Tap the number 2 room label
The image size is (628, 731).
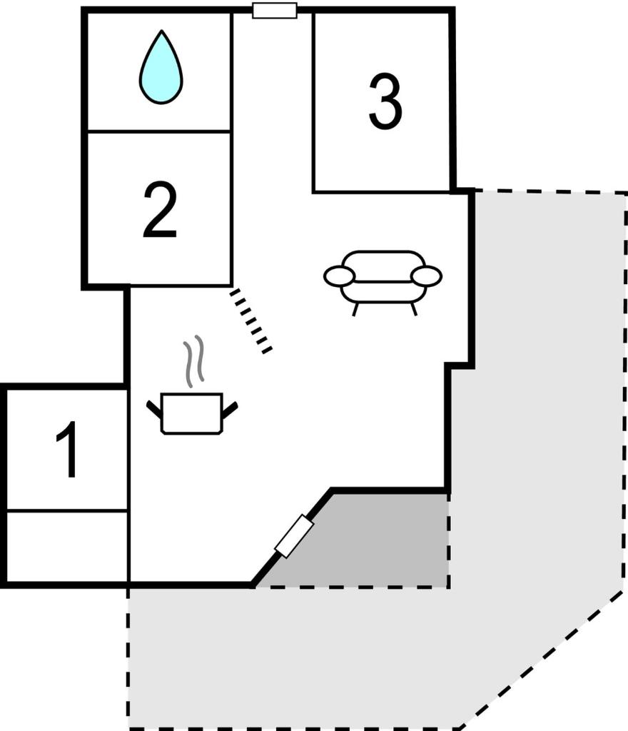tap(160, 210)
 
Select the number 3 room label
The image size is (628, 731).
tap(385, 101)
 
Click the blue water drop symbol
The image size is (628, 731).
tap(161, 66)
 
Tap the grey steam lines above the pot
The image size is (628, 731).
tap(194, 361)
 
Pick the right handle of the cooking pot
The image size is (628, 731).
tap(230, 409)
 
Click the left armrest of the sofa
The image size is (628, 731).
tap(339, 276)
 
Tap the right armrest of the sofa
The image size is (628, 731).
tap(426, 275)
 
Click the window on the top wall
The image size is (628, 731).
tap(275, 10)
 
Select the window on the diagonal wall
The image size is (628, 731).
tap(294, 536)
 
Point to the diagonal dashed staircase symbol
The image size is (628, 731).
tap(250, 321)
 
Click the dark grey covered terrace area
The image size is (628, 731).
tap(368, 541)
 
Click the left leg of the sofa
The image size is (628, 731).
tap(355, 309)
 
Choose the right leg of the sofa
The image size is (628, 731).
tap(413, 308)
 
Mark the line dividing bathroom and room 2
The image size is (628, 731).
tap(159, 131)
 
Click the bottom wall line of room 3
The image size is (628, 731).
tap(382, 191)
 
